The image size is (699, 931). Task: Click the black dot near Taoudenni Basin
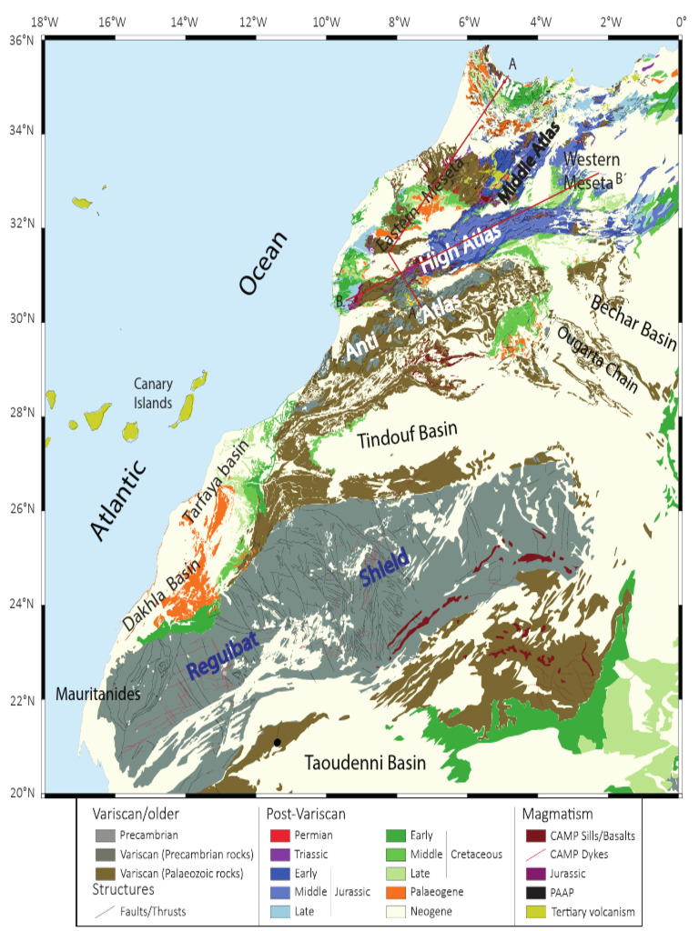coord(278,742)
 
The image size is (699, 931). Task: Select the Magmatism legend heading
coord(552,816)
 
